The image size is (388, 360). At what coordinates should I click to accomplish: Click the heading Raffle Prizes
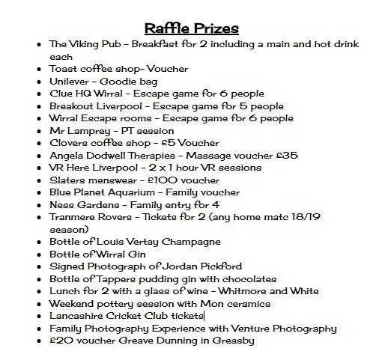[x=192, y=28]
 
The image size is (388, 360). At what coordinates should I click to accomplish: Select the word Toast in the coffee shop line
[x=64, y=69]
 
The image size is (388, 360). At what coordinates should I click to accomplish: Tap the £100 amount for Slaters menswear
[x=163, y=180]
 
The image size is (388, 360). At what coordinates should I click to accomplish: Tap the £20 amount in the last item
[x=60, y=341]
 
